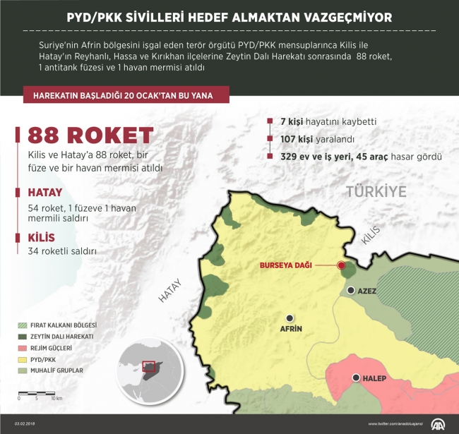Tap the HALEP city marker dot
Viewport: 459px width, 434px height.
coord(356,378)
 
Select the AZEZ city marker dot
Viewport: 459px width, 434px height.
coord(351,290)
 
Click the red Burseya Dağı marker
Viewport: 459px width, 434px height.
coord(342,266)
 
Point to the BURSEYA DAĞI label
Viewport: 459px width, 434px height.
coord(285,266)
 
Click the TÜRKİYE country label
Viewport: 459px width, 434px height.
coord(376,191)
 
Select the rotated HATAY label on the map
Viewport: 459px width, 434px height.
coord(169,291)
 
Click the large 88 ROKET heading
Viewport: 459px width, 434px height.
coord(90,136)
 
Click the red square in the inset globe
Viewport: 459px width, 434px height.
coord(148,366)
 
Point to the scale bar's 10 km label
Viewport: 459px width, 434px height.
coord(56,399)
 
